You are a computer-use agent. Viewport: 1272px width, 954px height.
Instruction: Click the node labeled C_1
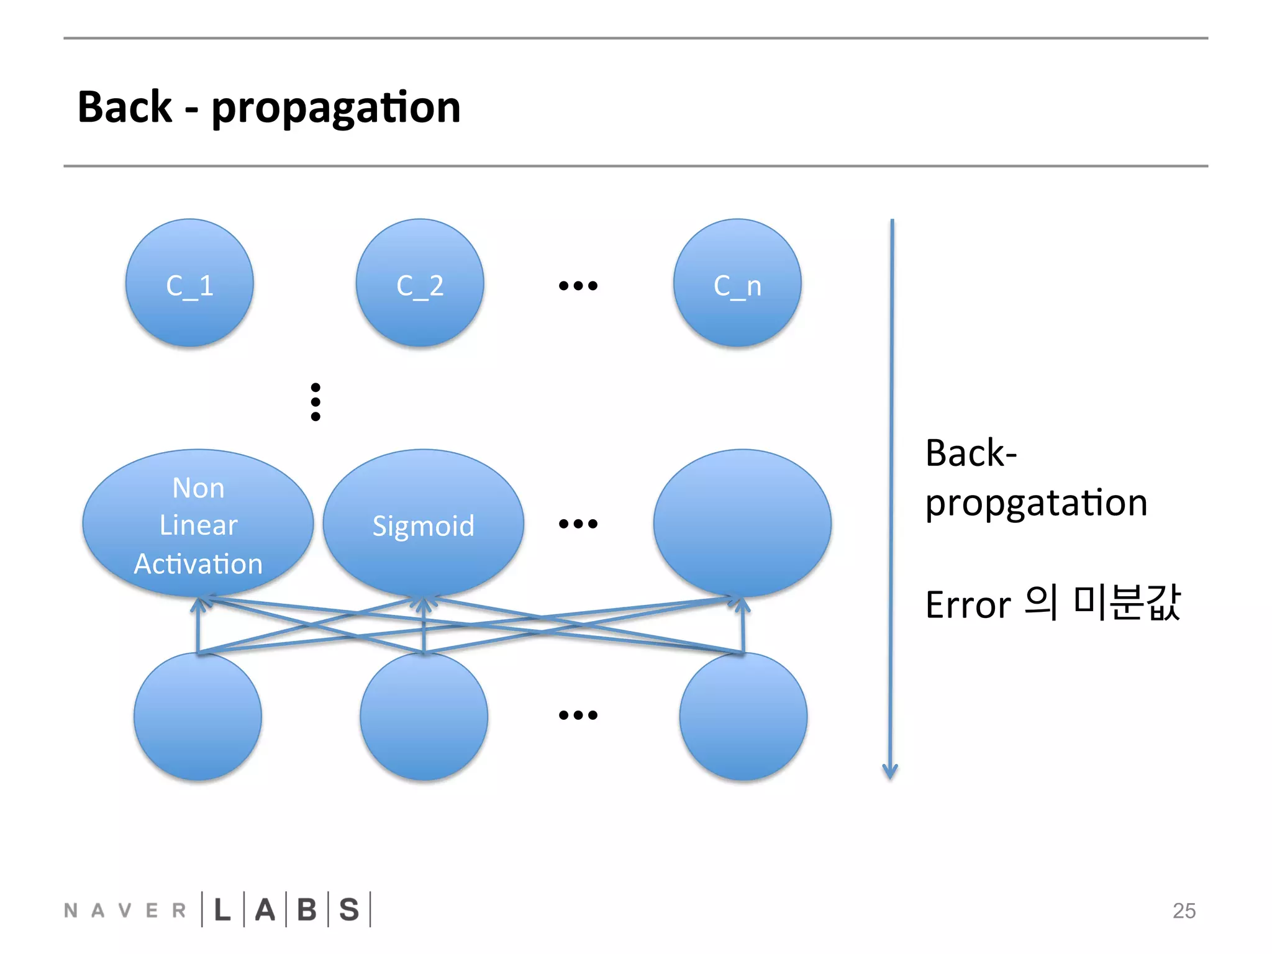[x=189, y=283]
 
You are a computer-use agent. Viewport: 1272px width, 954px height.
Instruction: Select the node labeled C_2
[x=420, y=283]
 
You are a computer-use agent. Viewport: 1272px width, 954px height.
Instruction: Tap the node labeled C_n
[x=737, y=283]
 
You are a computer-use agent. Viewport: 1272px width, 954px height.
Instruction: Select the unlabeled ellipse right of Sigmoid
[x=742, y=524]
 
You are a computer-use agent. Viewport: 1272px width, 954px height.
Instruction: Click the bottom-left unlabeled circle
[x=198, y=716]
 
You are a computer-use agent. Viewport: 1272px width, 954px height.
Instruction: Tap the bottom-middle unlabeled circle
[x=424, y=716]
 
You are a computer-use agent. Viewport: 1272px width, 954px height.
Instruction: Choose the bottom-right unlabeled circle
[x=743, y=716]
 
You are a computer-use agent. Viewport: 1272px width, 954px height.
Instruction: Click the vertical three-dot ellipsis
[x=316, y=402]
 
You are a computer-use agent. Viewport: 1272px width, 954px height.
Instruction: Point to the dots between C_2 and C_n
[x=578, y=286]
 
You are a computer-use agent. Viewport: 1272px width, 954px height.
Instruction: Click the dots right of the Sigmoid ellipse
[x=578, y=524]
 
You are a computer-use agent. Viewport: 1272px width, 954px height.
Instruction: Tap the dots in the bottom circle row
[x=578, y=715]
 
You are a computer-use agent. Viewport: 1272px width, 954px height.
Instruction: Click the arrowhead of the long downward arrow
[x=890, y=771]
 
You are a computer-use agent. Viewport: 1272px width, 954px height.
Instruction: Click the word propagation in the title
[x=336, y=108]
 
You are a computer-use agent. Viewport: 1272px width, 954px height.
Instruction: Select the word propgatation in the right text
[x=1036, y=503]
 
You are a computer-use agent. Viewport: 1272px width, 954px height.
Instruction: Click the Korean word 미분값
[x=1126, y=602]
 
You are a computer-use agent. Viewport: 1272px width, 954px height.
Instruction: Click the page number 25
[x=1184, y=911]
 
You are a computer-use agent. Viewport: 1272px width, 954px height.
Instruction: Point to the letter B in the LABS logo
[x=307, y=910]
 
